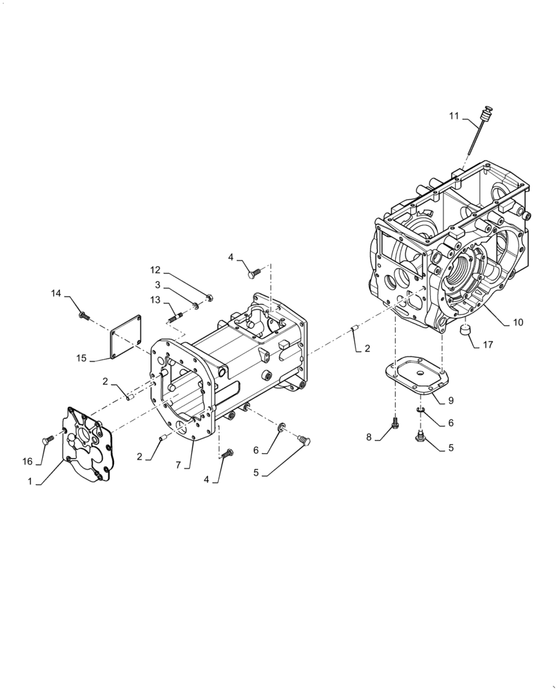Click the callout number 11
pos(453,116)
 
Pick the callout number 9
pos(450,400)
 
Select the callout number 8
pos(369,437)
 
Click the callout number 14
pos(56,293)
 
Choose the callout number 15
pos(81,357)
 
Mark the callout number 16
pos(28,460)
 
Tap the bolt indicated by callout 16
pos(49,439)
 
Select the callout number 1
pos(30,480)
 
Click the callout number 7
pos(177,465)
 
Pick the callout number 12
pos(155,269)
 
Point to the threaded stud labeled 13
pos(173,318)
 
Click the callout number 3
pos(157,285)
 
